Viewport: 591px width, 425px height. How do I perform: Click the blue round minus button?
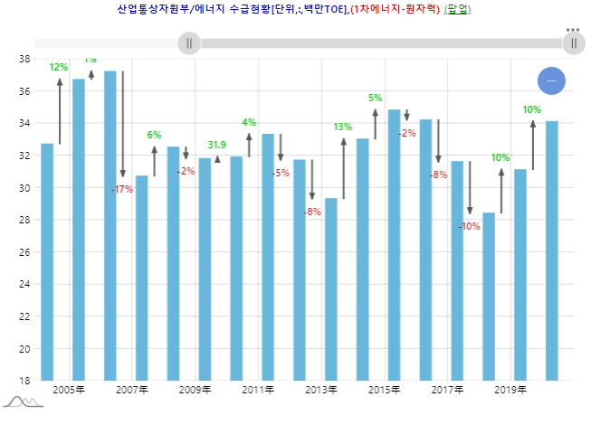click(551, 80)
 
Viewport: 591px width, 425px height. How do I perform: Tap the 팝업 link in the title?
click(458, 9)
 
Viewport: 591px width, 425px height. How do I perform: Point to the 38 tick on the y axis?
click(24, 59)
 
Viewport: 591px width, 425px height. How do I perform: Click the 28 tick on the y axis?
click(24, 220)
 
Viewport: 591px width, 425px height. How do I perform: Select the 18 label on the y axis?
click(24, 380)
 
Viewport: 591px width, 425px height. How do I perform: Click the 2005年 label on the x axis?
click(69, 391)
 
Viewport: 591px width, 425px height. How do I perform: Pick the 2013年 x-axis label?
click(320, 391)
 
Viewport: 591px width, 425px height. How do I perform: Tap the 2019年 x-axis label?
click(510, 391)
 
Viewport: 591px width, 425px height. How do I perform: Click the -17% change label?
click(122, 189)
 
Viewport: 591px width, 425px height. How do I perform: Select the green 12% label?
click(58, 67)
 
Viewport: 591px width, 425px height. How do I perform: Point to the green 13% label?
click(343, 127)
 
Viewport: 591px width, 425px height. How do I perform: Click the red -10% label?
click(470, 226)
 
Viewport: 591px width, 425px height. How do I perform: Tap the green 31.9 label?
click(217, 145)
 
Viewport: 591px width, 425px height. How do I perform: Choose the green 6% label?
click(154, 135)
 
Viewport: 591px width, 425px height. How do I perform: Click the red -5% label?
click(280, 173)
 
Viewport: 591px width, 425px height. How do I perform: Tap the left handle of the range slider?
click(189, 42)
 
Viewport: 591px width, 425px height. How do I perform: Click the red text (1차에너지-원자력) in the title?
click(395, 9)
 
